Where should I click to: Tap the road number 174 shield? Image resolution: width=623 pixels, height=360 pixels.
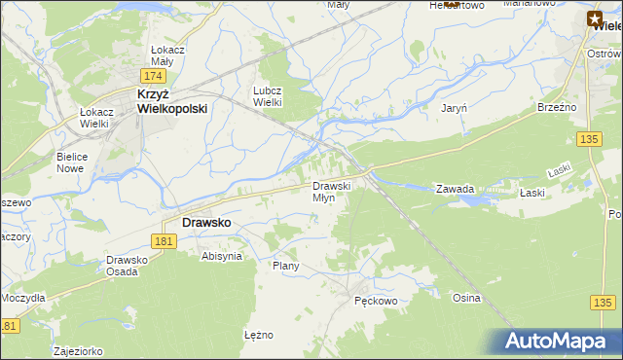[153, 75]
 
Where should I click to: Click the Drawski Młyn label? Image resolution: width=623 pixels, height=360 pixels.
[324, 192]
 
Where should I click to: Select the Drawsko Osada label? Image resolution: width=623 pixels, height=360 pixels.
[127, 266]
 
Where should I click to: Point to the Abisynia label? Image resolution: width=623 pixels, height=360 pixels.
[220, 256]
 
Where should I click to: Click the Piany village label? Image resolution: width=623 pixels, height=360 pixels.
[285, 266]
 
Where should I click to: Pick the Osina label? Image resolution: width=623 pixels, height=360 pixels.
[466, 298]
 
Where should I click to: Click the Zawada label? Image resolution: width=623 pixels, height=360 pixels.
[455, 190]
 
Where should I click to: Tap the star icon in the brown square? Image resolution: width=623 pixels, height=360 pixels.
[595, 17]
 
